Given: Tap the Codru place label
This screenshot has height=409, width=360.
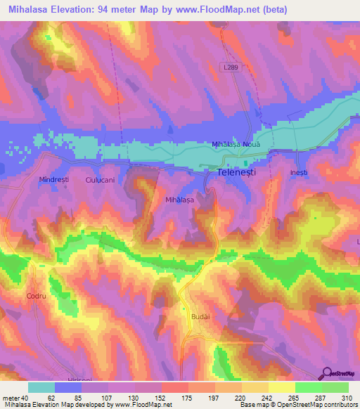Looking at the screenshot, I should pos(36,297).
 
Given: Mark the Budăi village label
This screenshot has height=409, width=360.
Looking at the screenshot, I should pos(200,317).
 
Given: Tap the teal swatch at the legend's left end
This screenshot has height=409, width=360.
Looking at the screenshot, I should pos(41,387).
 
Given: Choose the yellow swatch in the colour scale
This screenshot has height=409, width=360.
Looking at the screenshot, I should pos(281,387).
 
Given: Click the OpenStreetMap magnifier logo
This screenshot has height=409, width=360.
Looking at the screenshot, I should pos(328,372).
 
